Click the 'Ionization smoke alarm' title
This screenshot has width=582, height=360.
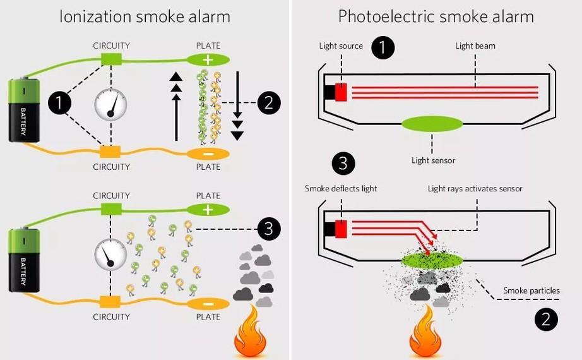145,16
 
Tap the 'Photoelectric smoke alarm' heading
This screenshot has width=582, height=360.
436,16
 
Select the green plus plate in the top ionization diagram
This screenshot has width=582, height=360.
208,59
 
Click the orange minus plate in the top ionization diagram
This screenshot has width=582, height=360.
208,153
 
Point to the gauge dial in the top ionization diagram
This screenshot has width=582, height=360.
111,105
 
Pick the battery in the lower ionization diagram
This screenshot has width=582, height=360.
24,261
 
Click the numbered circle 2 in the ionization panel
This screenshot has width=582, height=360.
269,102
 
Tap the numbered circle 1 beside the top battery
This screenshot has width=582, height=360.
60,103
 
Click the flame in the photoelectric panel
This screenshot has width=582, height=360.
424,335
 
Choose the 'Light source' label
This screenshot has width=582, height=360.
341,46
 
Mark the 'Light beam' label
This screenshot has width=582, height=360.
476,46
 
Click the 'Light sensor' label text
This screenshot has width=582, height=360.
433,160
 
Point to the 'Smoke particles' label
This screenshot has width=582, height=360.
531,291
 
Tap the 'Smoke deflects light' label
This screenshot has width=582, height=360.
341,189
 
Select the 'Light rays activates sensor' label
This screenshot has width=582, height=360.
475,189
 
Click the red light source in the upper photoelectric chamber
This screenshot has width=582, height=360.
341,92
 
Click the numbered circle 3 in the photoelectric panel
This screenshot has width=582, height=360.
343,164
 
